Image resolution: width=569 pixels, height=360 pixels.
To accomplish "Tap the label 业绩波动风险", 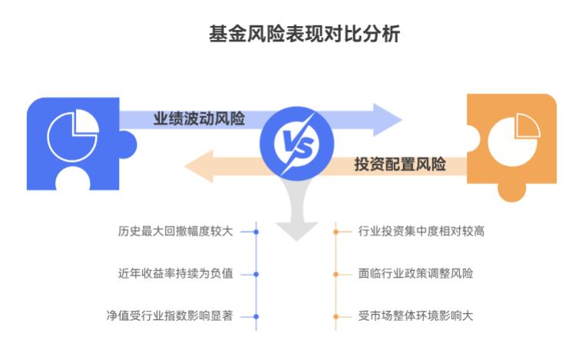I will point(199,119).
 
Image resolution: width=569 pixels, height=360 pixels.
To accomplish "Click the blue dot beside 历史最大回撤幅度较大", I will point(256,231).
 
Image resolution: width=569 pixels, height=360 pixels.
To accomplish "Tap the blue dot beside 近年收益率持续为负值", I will point(256,273).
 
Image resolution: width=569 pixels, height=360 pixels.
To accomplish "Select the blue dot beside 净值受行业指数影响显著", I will point(256,315).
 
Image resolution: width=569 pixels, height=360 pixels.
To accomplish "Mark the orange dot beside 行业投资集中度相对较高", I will point(336,231).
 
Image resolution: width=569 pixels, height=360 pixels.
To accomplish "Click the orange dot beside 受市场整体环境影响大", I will point(336,315).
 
